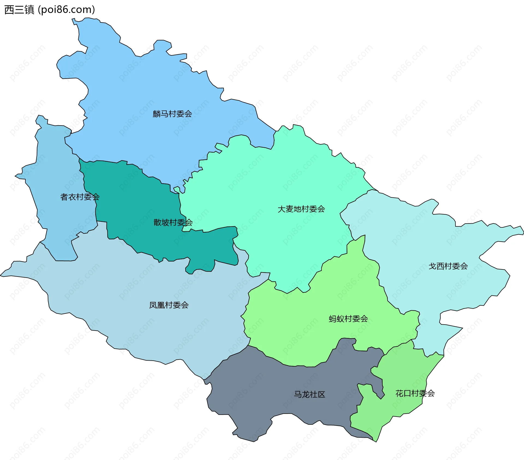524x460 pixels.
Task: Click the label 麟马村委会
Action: pos(172,114)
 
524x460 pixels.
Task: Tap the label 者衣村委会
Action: pos(80,197)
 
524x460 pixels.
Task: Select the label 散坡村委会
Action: pos(173,222)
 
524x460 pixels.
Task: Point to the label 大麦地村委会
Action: pos(301,209)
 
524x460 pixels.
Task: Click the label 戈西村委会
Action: pos(448,266)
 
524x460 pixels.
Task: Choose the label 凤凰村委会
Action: pos(169,305)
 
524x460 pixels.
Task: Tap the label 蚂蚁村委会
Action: pos(348,319)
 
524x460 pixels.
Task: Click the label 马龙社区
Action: pos(309,394)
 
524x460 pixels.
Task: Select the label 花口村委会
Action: pos(415,393)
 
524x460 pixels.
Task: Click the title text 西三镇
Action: pos(19,10)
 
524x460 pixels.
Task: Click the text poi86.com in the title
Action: pos(66,10)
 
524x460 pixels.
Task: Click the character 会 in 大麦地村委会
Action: pos(321,209)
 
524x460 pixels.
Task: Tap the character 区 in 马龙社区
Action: pos(321,394)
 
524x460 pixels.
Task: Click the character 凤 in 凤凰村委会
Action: pos(153,305)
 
